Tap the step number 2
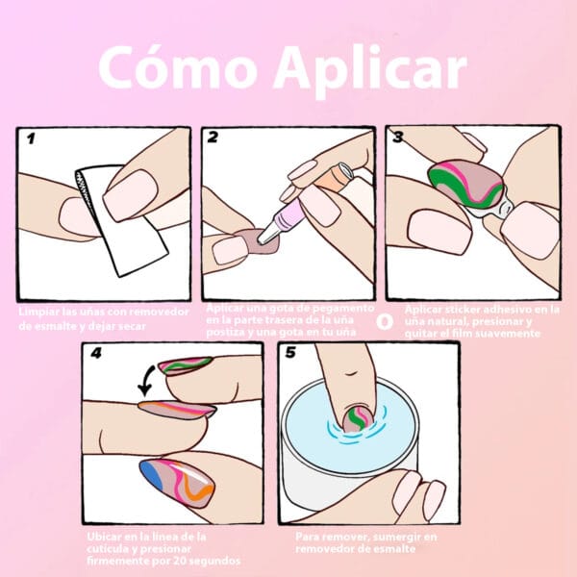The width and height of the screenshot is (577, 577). (x=213, y=138)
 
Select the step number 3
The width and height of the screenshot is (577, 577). (x=397, y=138)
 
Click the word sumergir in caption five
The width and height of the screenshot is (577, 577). (x=389, y=535)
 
